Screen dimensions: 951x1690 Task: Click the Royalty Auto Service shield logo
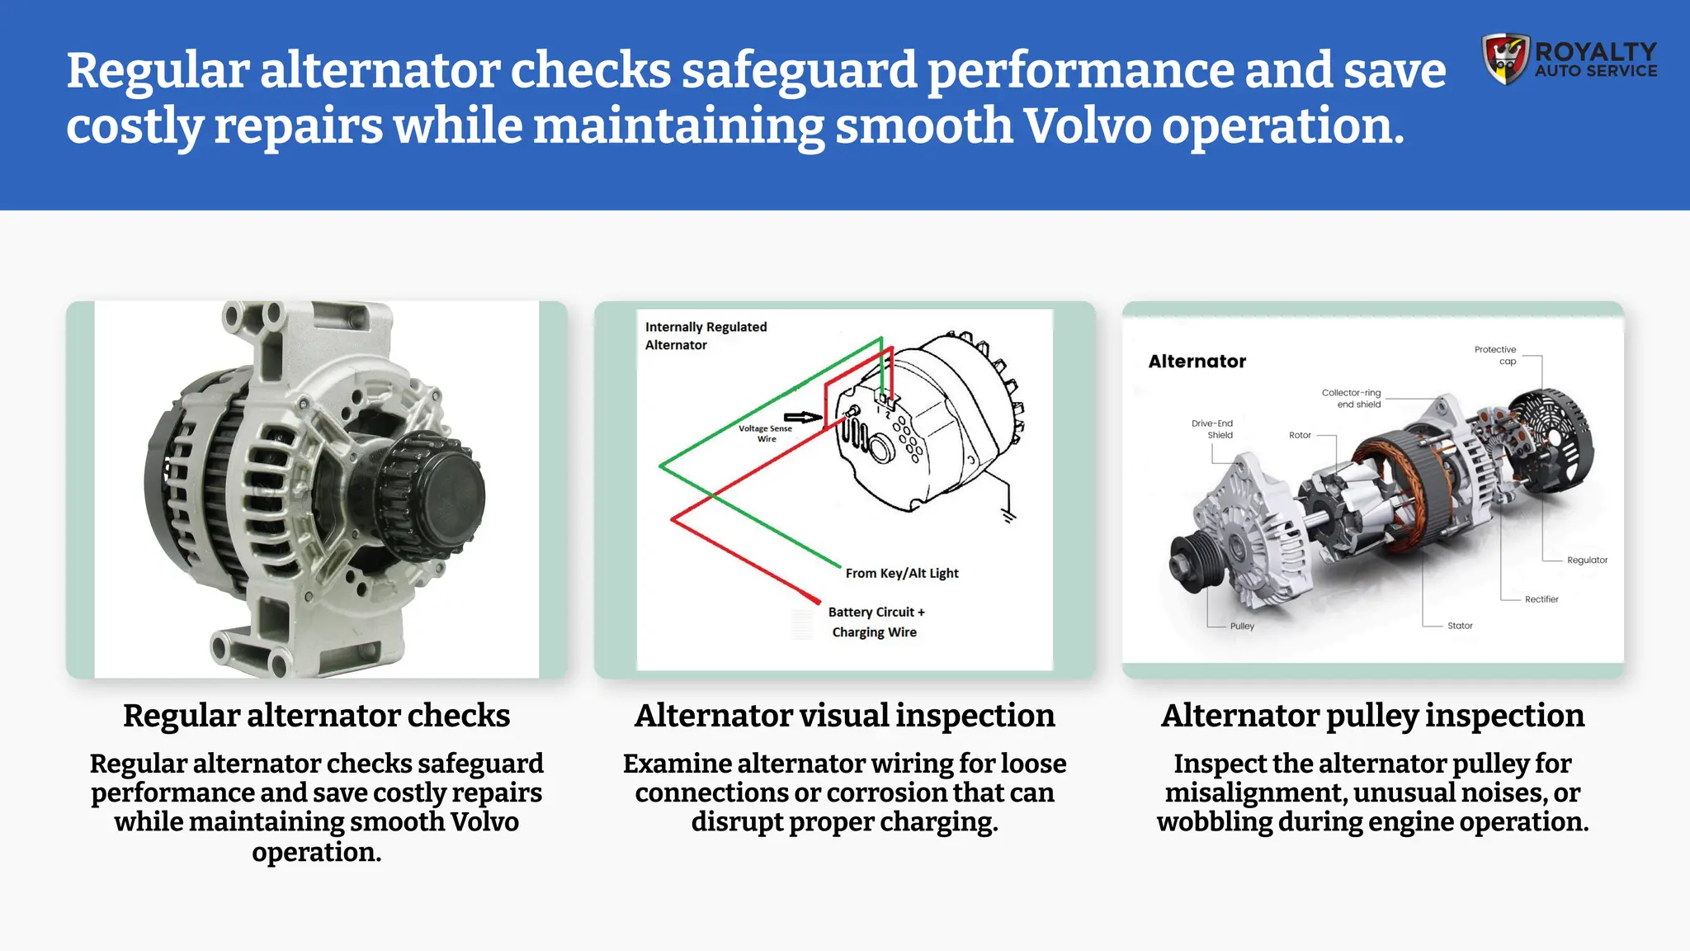(1506, 59)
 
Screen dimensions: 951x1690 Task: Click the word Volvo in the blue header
(1086, 126)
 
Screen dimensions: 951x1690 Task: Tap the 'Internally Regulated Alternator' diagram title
(706, 336)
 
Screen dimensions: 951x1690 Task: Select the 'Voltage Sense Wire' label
(765, 433)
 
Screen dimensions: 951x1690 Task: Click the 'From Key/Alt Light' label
(901, 573)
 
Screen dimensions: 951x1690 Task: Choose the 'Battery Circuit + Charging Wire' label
(876, 622)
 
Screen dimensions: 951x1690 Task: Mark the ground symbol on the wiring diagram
(1008, 517)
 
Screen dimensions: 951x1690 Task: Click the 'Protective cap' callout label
(1495, 355)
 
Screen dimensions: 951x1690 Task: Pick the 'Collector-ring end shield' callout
(1352, 398)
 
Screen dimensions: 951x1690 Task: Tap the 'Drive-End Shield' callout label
(1212, 428)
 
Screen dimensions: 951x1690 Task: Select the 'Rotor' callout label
(1300, 435)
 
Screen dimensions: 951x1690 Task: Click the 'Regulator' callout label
(1587, 560)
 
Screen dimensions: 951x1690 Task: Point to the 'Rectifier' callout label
(1541, 599)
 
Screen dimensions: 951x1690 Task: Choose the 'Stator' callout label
(1459, 626)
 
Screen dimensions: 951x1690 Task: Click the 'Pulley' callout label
(1242, 626)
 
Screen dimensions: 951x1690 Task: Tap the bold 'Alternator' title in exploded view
(1197, 362)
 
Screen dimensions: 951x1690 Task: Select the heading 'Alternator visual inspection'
(844, 716)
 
